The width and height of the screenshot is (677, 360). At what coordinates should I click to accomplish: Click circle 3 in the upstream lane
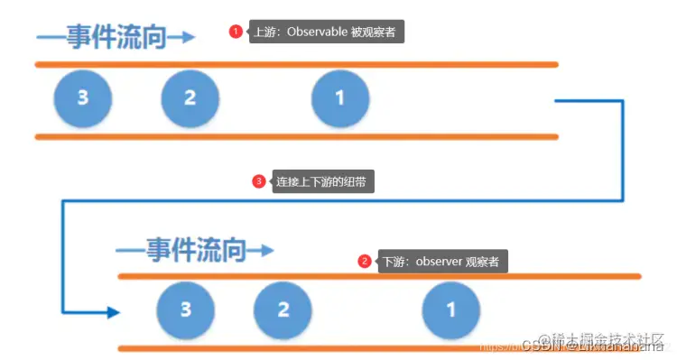click(82, 98)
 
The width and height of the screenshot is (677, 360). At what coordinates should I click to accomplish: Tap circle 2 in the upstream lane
click(190, 98)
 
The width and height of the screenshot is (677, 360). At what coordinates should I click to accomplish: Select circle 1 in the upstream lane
click(339, 98)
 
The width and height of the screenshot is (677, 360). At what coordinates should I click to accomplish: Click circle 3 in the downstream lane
click(185, 309)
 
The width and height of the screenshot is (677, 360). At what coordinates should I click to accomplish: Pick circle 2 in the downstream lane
click(283, 309)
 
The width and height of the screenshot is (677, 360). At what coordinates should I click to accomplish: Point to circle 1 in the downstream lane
click(451, 309)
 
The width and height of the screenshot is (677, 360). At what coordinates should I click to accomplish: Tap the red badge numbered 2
click(365, 262)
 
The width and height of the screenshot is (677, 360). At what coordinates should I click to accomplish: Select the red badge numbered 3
click(259, 181)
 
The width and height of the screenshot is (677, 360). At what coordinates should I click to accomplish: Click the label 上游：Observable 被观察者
click(325, 32)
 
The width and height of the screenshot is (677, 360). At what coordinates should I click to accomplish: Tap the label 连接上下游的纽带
click(322, 181)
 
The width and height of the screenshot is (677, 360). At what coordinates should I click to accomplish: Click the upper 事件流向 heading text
click(101, 38)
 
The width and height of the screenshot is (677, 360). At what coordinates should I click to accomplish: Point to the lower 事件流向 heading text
click(181, 249)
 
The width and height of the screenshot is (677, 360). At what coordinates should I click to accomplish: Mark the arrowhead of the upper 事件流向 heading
click(185, 37)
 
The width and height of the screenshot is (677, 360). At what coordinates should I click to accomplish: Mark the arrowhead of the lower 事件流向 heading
click(264, 249)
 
